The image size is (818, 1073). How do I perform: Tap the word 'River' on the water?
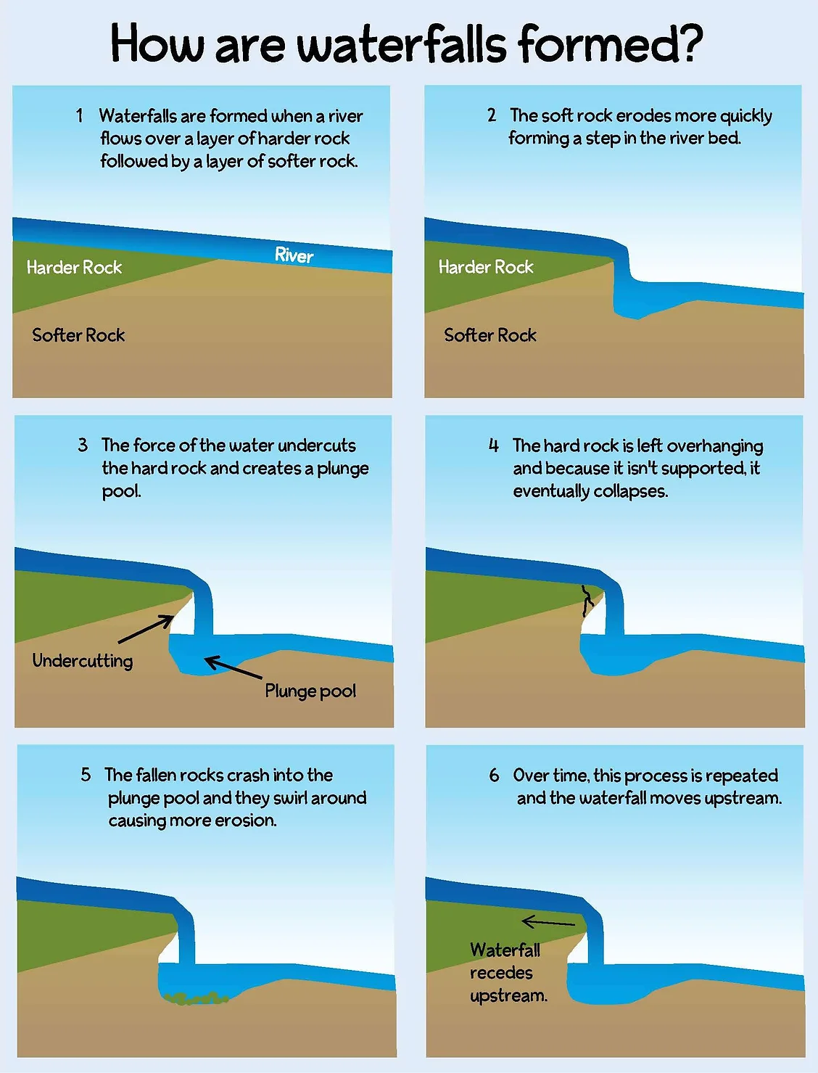pos(294,255)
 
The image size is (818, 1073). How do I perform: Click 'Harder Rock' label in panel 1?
pos(74,267)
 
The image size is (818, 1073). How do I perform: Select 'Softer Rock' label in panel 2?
pos(490,334)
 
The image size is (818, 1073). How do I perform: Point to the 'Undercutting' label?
pos(83,660)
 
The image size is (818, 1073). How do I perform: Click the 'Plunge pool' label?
pos(310,691)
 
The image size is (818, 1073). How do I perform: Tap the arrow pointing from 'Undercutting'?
pos(146,629)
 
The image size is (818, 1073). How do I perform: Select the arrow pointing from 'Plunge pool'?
pos(233,667)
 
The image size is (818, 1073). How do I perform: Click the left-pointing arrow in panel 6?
pos(548,922)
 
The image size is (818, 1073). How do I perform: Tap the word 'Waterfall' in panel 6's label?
pos(505,950)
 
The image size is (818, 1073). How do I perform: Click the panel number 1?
pos(80,115)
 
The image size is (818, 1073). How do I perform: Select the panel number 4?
pos(494,445)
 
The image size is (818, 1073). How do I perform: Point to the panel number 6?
pos(494,776)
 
